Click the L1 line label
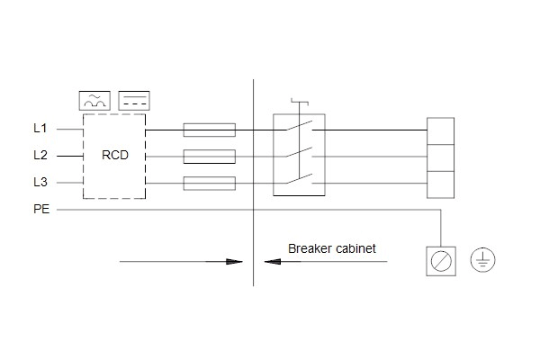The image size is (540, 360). pyautogui.click(x=40, y=129)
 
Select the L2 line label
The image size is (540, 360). pyautogui.click(x=40, y=156)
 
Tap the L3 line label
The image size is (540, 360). pyautogui.click(x=40, y=182)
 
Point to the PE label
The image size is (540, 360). pyautogui.click(x=41, y=209)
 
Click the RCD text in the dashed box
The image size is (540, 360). pyautogui.click(x=115, y=155)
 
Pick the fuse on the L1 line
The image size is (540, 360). pyautogui.click(x=210, y=130)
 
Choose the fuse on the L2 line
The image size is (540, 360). pyautogui.click(x=210, y=157)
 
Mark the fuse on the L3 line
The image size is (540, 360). pyautogui.click(x=210, y=184)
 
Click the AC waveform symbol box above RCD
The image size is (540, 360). pyautogui.click(x=94, y=101)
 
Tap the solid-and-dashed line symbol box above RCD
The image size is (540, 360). pyautogui.click(x=134, y=101)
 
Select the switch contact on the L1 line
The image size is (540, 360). pyautogui.click(x=299, y=126)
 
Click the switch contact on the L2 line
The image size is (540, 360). pyautogui.click(x=299, y=152)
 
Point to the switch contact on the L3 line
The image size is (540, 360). pyautogui.click(x=299, y=179)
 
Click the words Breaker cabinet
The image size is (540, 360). pyautogui.click(x=331, y=248)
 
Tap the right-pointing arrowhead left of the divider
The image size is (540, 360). pyautogui.click(x=234, y=262)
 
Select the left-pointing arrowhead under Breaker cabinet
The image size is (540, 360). pyautogui.click(x=273, y=262)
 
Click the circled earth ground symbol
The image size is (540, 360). pyautogui.click(x=482, y=260)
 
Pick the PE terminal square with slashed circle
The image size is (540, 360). pyautogui.click(x=441, y=261)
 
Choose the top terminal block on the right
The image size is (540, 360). pyautogui.click(x=440, y=130)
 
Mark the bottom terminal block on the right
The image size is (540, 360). pyautogui.click(x=440, y=184)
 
